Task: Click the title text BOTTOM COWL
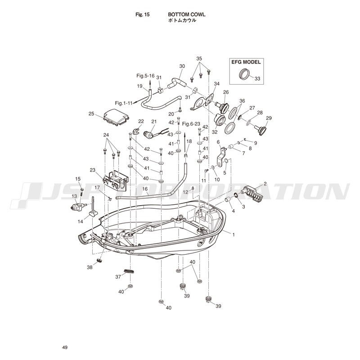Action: tap(187, 14)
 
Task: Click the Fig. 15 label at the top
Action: tap(142, 15)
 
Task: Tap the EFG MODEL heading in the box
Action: tap(246, 62)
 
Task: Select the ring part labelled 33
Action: tap(244, 74)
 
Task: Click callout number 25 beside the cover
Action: tap(91, 113)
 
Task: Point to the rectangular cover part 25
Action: tap(116, 117)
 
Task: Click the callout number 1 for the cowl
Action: tap(234, 234)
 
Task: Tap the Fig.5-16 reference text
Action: tap(145, 76)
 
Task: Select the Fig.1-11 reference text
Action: tap(124, 103)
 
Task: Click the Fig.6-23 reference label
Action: tap(191, 124)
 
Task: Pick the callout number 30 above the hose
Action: tap(182, 66)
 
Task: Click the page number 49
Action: tap(65, 347)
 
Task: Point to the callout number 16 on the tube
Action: tap(145, 189)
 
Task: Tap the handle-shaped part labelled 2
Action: tap(252, 193)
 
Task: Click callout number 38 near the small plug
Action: tap(90, 267)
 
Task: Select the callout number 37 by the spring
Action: tap(118, 277)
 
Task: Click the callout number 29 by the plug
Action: tap(269, 118)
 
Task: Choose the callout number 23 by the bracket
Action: tap(92, 170)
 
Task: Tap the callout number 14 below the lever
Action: tap(81, 221)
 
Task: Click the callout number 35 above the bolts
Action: tap(199, 58)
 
